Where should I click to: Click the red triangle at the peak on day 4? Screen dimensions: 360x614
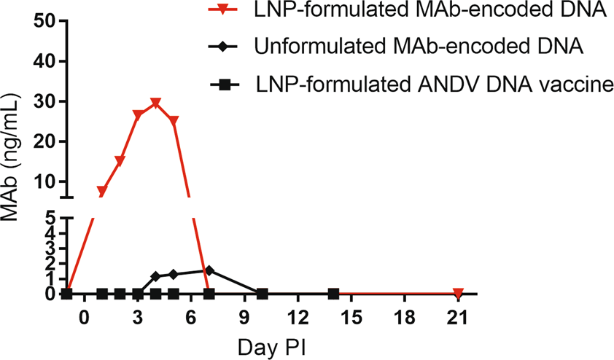pos(155,103)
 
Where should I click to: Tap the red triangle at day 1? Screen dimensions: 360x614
pos(102,192)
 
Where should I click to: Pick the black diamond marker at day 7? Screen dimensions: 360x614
pos(209,270)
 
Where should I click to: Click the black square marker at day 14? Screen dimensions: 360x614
pos(333,294)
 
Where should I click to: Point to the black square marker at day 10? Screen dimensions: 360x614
pos(263,294)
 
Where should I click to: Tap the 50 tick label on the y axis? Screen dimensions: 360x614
pos(47,22)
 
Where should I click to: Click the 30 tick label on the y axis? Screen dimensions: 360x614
pos(47,102)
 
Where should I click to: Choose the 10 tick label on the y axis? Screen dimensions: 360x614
pos(47,181)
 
